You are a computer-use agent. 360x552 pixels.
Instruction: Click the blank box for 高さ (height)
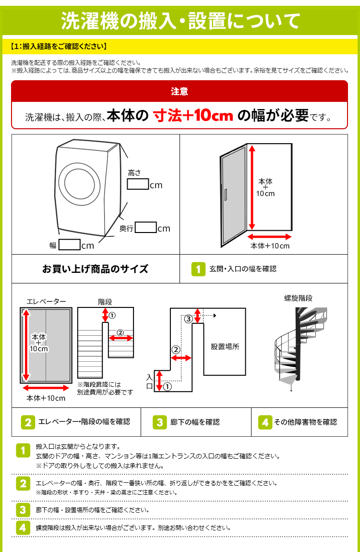point(138,184)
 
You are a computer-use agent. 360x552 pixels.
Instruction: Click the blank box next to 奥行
point(145,228)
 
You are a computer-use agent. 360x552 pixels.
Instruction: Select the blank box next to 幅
point(69,245)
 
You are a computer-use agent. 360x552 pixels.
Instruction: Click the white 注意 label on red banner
point(180,91)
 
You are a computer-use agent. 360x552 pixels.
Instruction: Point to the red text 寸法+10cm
point(193,116)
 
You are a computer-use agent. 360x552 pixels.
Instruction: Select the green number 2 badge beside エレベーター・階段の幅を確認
point(28,422)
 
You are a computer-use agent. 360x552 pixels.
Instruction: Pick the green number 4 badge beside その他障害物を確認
point(265,422)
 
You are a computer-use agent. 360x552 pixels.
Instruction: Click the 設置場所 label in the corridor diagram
point(225,346)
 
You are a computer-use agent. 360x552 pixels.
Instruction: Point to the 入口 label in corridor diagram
point(149,381)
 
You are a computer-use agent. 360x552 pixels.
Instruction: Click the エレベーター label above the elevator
point(46,301)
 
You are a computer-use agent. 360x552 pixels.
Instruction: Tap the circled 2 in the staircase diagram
point(120,332)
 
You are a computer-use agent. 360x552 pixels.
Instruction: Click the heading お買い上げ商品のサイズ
point(96,269)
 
